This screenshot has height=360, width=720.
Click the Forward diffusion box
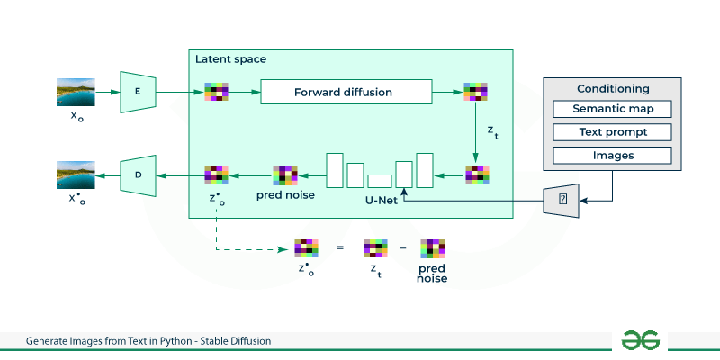pos(346,92)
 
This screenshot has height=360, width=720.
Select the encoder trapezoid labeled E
pos(138,92)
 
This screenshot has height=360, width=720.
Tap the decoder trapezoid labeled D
pos(138,175)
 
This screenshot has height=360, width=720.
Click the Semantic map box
pos(613,109)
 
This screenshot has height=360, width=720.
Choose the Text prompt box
pos(613,132)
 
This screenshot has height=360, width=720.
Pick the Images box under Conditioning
pos(613,155)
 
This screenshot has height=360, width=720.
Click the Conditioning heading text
pos(613,88)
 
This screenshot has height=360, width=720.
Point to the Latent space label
pos(230,59)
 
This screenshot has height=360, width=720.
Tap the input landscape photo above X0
pos(76,93)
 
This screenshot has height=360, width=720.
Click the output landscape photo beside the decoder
pos(76,175)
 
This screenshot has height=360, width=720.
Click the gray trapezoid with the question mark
pos(561,199)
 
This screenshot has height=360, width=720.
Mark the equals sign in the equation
pos(340,248)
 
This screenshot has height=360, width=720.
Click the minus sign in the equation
pos(403,248)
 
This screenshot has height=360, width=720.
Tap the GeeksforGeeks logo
pos(641,340)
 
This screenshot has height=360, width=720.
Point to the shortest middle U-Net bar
pos(380,182)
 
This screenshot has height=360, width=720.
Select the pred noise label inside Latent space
pos(285,195)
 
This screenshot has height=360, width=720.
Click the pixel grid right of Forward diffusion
pos(475,92)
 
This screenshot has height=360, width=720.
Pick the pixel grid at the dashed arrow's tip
pos(306,248)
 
